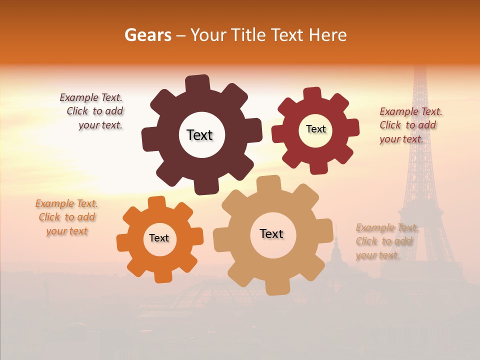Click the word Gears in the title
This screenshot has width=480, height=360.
(x=147, y=35)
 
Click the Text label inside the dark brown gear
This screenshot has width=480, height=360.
(x=199, y=135)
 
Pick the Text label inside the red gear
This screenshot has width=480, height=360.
(x=315, y=129)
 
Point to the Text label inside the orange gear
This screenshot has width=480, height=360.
(x=159, y=238)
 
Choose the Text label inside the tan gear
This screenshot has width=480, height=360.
(x=271, y=233)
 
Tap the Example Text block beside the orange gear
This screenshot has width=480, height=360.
(x=67, y=217)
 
